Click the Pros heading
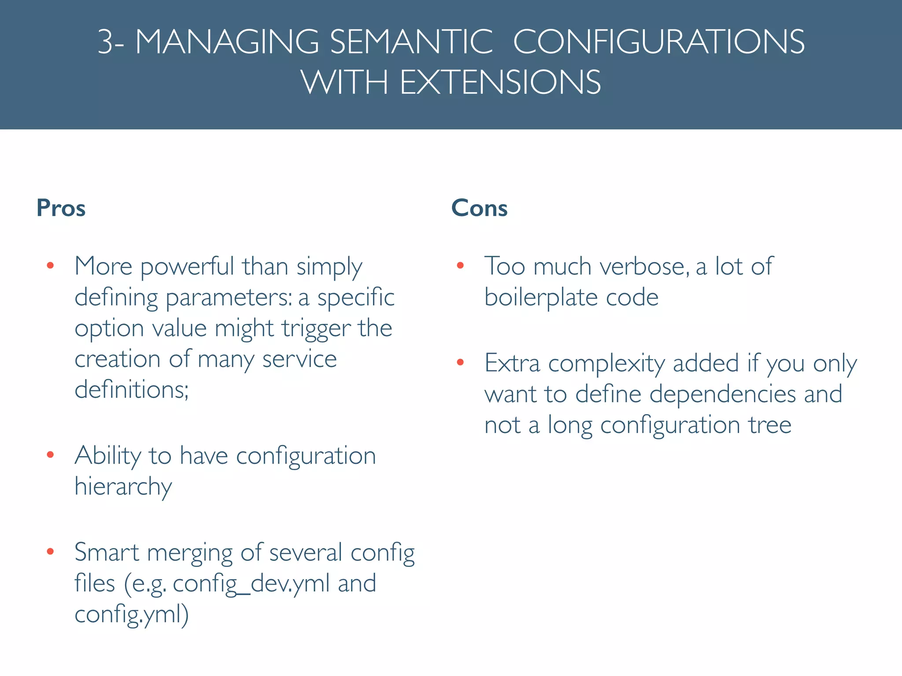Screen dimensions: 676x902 pyautogui.click(x=61, y=208)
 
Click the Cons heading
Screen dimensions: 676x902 pyautogui.click(x=479, y=208)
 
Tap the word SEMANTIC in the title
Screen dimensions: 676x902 pyautogui.click(x=411, y=42)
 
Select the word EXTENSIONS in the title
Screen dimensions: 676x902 pyautogui.click(x=500, y=82)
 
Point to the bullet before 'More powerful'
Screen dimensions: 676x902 pyautogui.click(x=50, y=265)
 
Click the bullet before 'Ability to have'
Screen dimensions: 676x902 pyautogui.click(x=50, y=455)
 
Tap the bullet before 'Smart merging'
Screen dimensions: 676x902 pyautogui.click(x=50, y=551)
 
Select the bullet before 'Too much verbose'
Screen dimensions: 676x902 pyautogui.click(x=460, y=265)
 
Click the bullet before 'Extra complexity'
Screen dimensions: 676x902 pyautogui.click(x=460, y=362)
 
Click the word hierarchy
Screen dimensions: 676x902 pyautogui.click(x=123, y=487)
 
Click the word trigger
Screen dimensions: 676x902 pyautogui.click(x=316, y=329)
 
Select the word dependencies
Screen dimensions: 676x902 pyautogui.click(x=722, y=394)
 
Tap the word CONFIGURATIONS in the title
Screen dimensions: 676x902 pyautogui.click(x=659, y=42)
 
